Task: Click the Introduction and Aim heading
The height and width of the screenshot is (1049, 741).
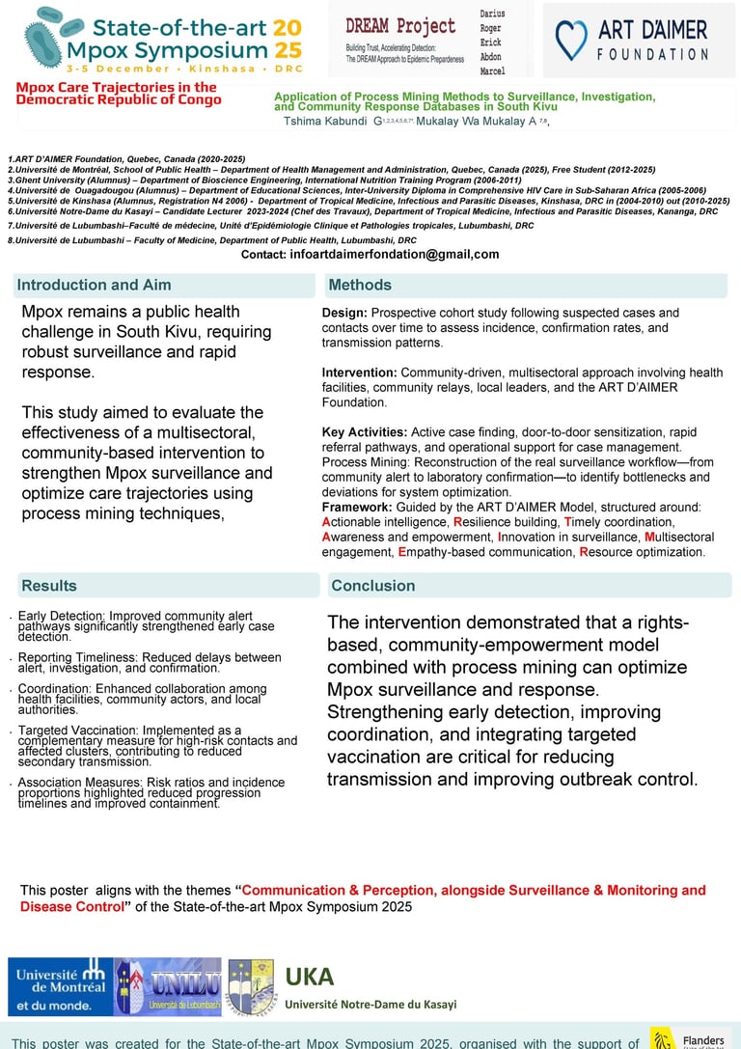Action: click(94, 285)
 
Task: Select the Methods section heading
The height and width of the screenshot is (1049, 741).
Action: click(360, 285)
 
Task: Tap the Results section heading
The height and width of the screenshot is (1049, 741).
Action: click(49, 586)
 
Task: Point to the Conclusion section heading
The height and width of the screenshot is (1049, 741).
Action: click(372, 586)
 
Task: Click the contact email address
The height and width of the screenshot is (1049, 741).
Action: click(395, 255)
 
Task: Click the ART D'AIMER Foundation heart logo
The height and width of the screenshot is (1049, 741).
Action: click(571, 41)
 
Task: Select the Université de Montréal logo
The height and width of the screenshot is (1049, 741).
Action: click(61, 986)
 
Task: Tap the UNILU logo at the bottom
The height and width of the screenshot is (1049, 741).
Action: click(169, 986)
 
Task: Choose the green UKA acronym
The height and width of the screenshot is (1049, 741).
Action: click(309, 977)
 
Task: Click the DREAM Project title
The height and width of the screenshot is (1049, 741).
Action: click(400, 26)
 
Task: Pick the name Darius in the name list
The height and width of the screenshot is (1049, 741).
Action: click(491, 14)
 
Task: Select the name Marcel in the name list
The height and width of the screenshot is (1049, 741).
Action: click(492, 70)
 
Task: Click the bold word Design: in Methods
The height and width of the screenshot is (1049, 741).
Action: click(344, 313)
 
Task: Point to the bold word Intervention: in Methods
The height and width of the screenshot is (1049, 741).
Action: click(359, 373)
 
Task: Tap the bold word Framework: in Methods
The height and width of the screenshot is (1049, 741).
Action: click(356, 507)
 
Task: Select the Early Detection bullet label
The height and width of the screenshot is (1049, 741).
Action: click(61, 616)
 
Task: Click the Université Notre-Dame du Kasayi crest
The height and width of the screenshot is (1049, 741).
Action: click(251, 986)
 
